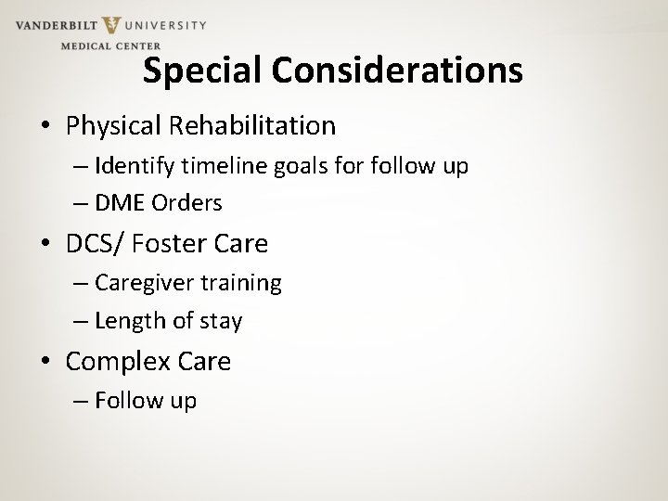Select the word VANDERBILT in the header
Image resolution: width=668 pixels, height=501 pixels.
(54, 25)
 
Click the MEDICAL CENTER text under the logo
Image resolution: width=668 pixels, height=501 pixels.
(110, 45)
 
